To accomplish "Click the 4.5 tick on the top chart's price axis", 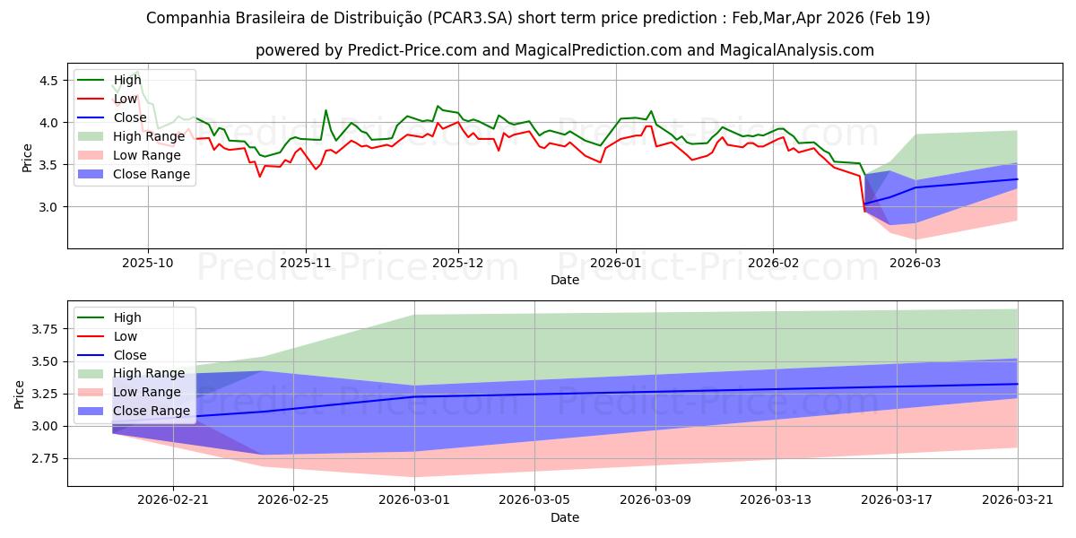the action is [x=48, y=80].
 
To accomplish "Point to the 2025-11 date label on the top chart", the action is [x=306, y=264].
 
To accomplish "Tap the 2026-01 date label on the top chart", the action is [x=615, y=264].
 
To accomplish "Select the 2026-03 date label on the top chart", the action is [x=915, y=264].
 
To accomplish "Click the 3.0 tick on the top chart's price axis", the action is [x=48, y=207].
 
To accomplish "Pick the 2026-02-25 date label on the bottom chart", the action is [x=293, y=500].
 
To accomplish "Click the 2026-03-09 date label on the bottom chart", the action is [x=655, y=500].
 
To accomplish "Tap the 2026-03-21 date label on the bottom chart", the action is [x=1018, y=500].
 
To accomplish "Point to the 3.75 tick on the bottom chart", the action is [x=45, y=329].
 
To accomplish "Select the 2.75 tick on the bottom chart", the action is [x=45, y=458].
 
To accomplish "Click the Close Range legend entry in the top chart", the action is [x=134, y=174].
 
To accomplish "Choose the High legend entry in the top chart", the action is [x=109, y=80].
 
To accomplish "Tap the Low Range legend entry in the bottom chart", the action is [x=129, y=392].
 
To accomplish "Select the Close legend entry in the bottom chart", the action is [x=112, y=355].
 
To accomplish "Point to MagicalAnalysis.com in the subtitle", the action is [x=796, y=50].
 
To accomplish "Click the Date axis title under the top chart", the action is [x=564, y=280].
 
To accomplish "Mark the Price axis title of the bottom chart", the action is [x=19, y=395].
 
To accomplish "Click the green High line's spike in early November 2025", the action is [x=325, y=110].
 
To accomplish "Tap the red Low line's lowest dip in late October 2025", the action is [x=260, y=177].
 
